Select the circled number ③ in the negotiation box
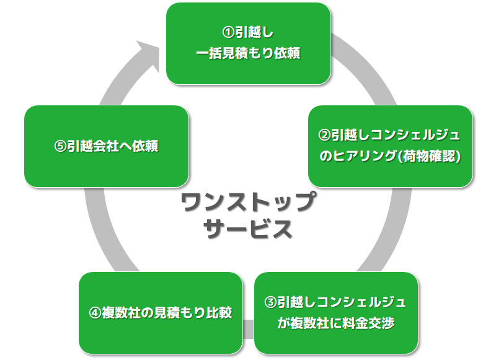[270, 302]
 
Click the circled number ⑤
[60, 146]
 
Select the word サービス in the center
[247, 229]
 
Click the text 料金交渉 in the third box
[370, 323]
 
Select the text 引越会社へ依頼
[112, 146]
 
